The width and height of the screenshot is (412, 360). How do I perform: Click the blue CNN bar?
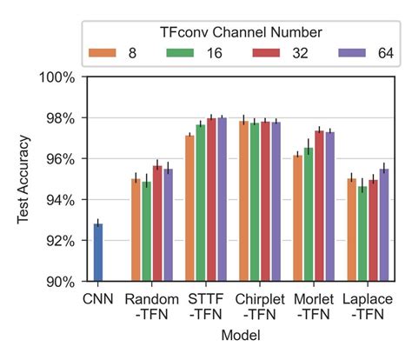(98, 253)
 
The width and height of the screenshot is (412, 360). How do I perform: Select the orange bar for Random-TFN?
(136, 230)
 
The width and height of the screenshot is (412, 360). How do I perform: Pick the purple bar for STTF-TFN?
(222, 199)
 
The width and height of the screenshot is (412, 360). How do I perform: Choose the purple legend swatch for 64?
(345, 52)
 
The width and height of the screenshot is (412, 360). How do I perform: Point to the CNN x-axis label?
(97, 298)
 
